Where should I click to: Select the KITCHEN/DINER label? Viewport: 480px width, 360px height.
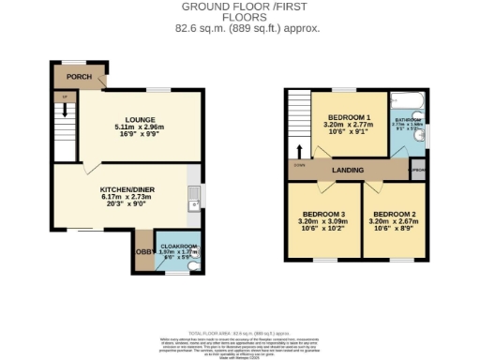pos(125,189)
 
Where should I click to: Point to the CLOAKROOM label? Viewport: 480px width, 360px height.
pos(175,244)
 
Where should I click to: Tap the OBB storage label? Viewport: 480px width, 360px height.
pos(143,252)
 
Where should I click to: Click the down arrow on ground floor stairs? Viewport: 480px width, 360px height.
pos(64,112)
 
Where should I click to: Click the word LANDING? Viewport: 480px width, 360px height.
pos(348,169)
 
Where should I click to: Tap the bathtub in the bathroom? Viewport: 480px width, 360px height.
pos(409,98)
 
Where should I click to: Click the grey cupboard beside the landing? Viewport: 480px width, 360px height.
pos(417,170)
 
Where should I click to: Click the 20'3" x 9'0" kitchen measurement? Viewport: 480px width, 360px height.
pos(125,205)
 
